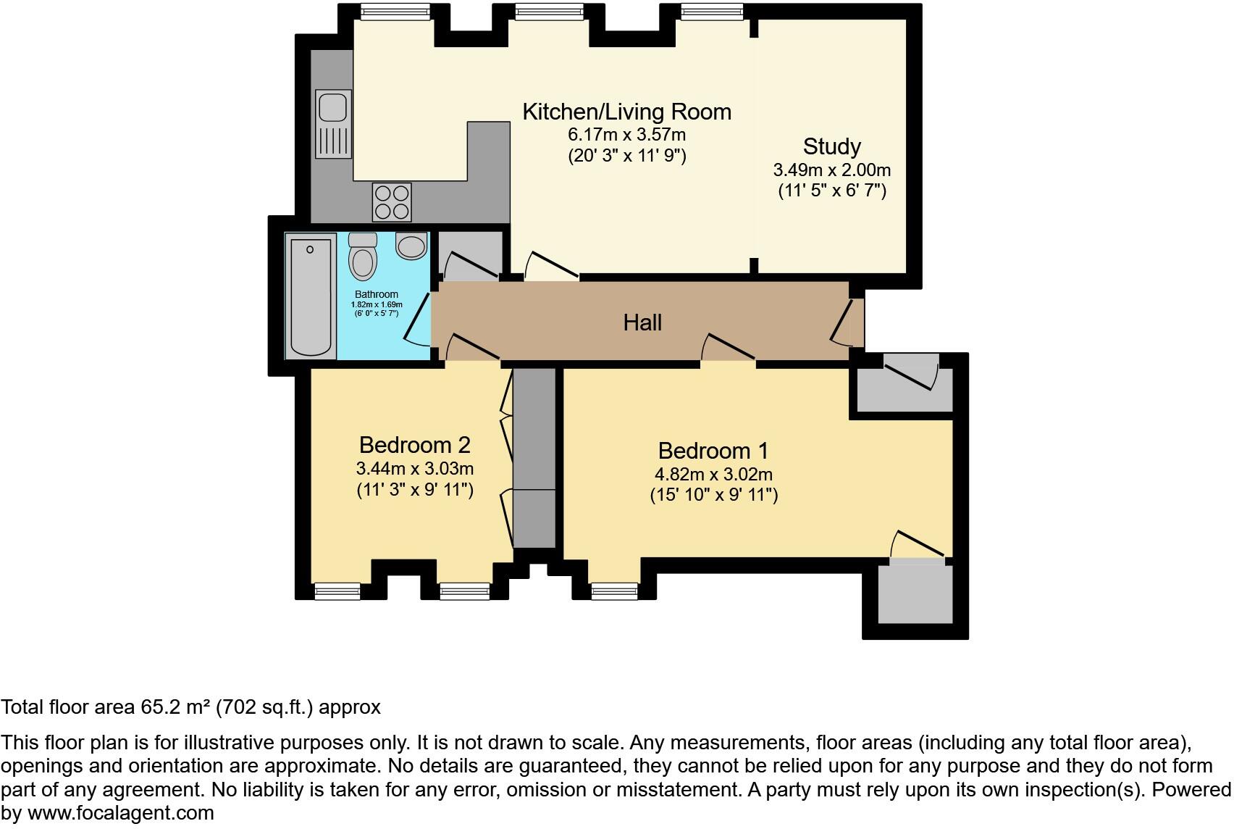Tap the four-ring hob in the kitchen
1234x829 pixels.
[x=392, y=201]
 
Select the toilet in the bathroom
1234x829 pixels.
[x=362, y=256]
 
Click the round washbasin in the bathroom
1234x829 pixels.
[x=411, y=246]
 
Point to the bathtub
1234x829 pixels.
[x=311, y=296]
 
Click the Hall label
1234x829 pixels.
[x=642, y=322]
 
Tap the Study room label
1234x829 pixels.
[x=831, y=146]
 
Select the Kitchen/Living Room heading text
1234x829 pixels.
[x=626, y=112]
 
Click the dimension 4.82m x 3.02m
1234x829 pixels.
[x=713, y=475]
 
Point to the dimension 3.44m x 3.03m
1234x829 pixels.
[x=415, y=468]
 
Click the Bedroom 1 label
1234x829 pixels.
[x=713, y=451]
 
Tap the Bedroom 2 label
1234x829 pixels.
[x=415, y=444]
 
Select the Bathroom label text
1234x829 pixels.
[x=376, y=294]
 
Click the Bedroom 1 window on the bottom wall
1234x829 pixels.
[x=615, y=591]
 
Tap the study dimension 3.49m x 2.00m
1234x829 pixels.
[x=831, y=170]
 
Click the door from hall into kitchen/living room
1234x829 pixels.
[x=550, y=266]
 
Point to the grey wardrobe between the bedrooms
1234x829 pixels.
[x=534, y=457]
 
